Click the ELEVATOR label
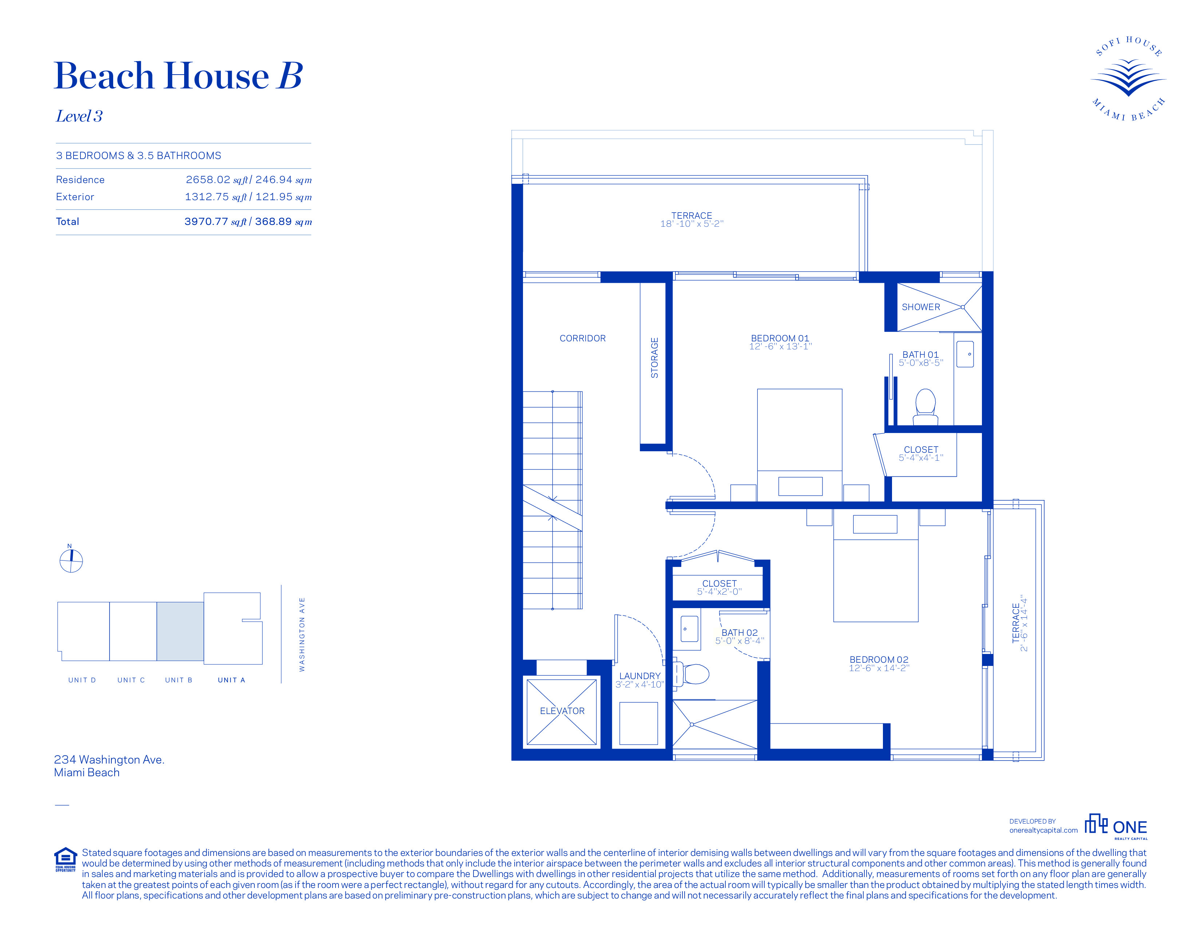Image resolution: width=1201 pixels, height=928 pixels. click(x=562, y=711)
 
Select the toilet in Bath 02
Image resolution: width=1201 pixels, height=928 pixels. click(x=691, y=674)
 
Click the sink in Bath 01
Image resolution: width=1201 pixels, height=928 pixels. click(x=965, y=354)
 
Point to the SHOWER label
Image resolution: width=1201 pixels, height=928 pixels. click(x=921, y=307)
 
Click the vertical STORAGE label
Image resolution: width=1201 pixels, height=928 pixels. click(x=654, y=357)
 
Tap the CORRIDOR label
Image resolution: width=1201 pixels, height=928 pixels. click(x=582, y=338)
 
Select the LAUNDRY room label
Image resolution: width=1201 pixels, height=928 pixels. click(x=639, y=676)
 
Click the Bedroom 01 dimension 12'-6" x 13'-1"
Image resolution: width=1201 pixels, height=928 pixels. click(x=780, y=346)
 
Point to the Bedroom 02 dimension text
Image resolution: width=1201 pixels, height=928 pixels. click(x=879, y=668)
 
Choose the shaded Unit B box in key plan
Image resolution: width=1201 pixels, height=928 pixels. click(x=181, y=631)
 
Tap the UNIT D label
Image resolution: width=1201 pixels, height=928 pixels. click(x=82, y=680)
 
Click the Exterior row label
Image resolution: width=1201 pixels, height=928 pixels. click(x=75, y=197)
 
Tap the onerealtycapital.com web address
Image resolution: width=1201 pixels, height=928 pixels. click(x=1043, y=830)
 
